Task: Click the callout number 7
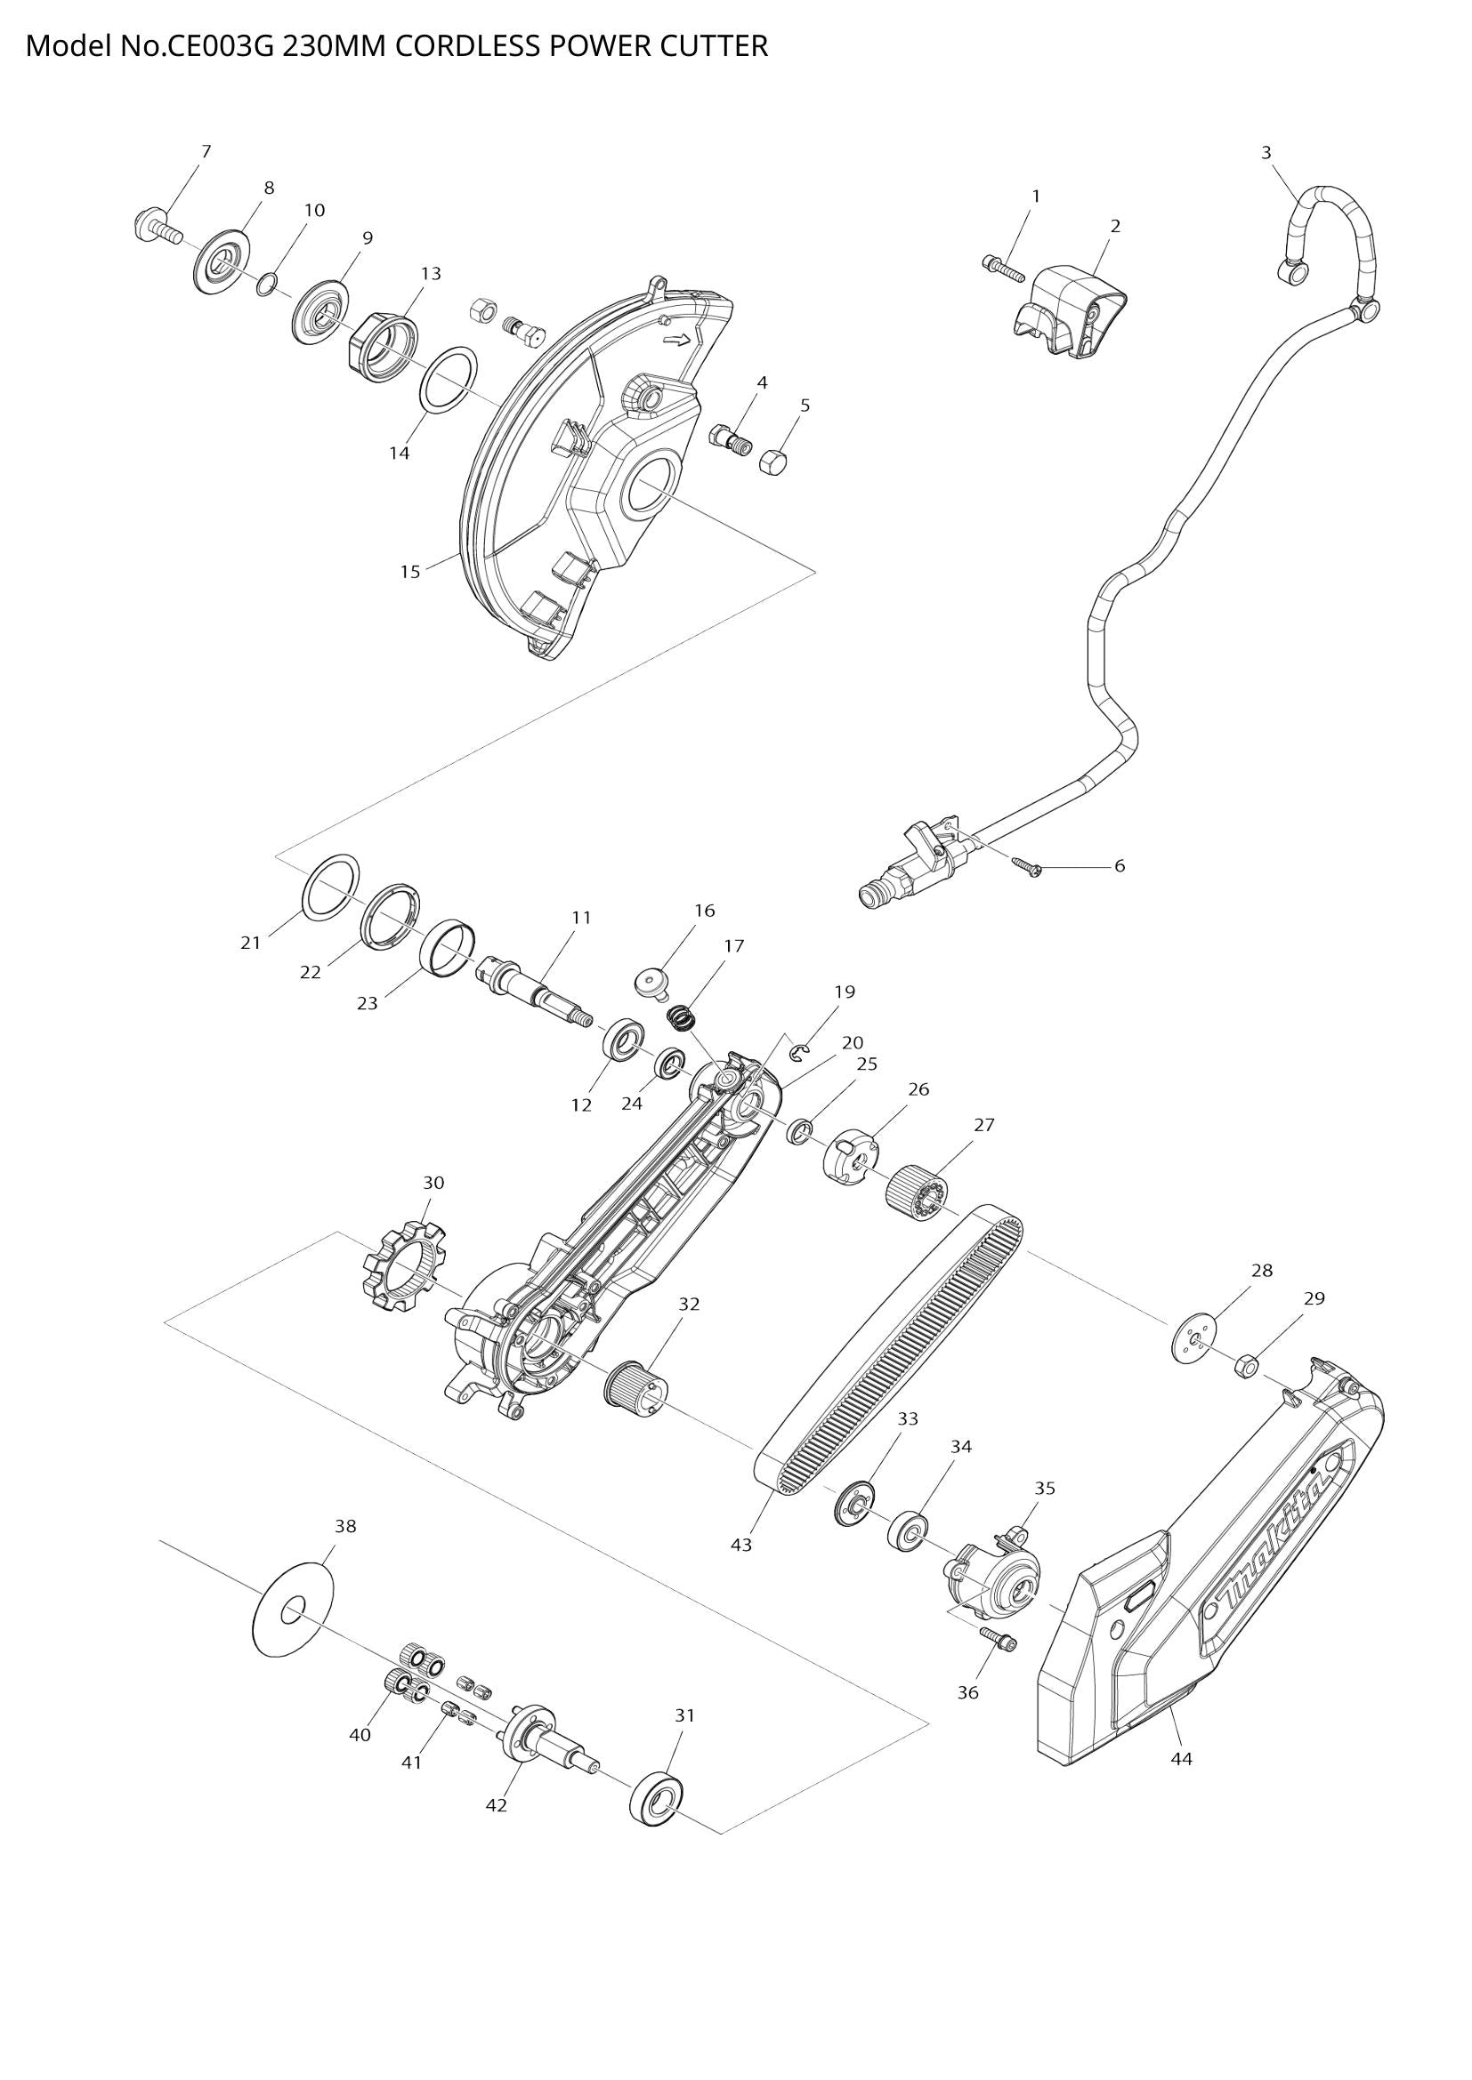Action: pos(206,151)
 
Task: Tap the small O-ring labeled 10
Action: pos(264,285)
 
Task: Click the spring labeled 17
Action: pos(681,1017)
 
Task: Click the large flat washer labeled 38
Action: pos(293,1610)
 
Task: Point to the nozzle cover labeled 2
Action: pos(1070,309)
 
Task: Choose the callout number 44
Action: pos(1181,1758)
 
